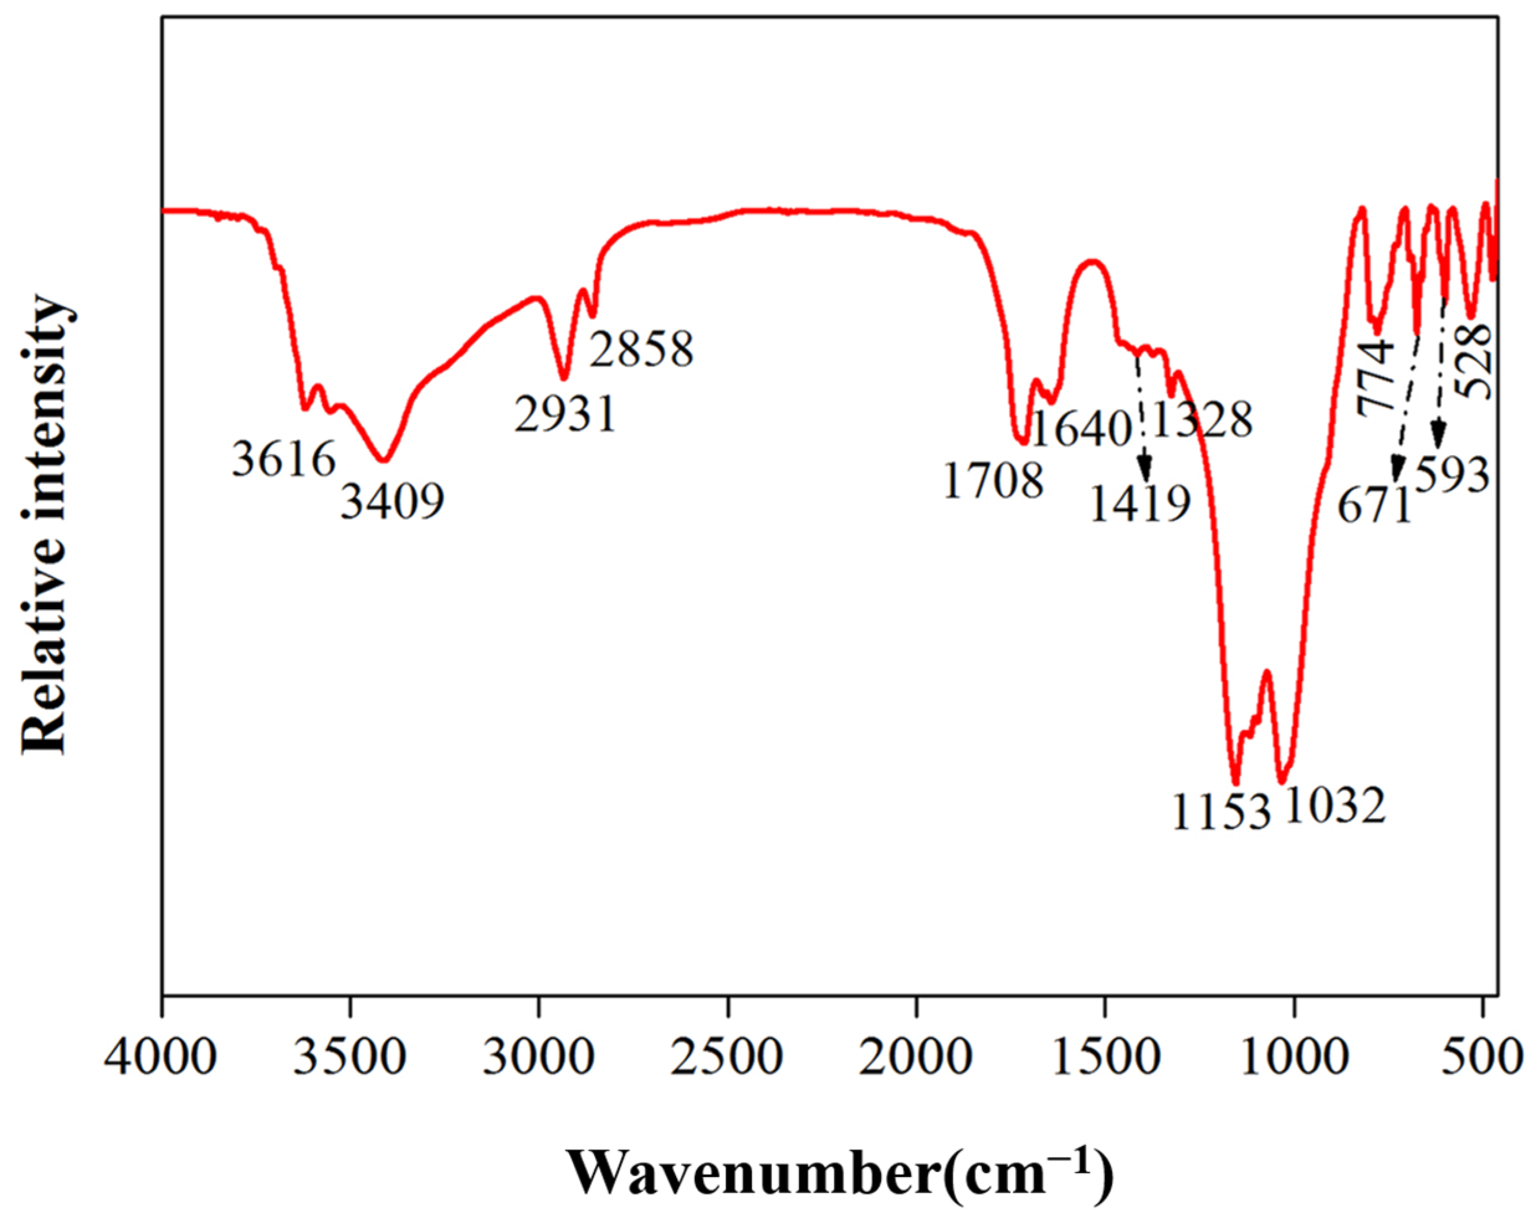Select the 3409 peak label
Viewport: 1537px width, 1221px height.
(393, 501)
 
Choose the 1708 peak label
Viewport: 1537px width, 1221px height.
(993, 481)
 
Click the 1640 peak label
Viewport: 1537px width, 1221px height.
(1082, 429)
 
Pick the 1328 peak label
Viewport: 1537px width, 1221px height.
(1202, 420)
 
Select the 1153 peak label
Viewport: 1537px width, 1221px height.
(1221, 812)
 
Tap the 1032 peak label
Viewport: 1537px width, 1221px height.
(1335, 806)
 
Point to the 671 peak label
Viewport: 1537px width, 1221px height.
(1374, 506)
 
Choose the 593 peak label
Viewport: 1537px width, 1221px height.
(1452, 474)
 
